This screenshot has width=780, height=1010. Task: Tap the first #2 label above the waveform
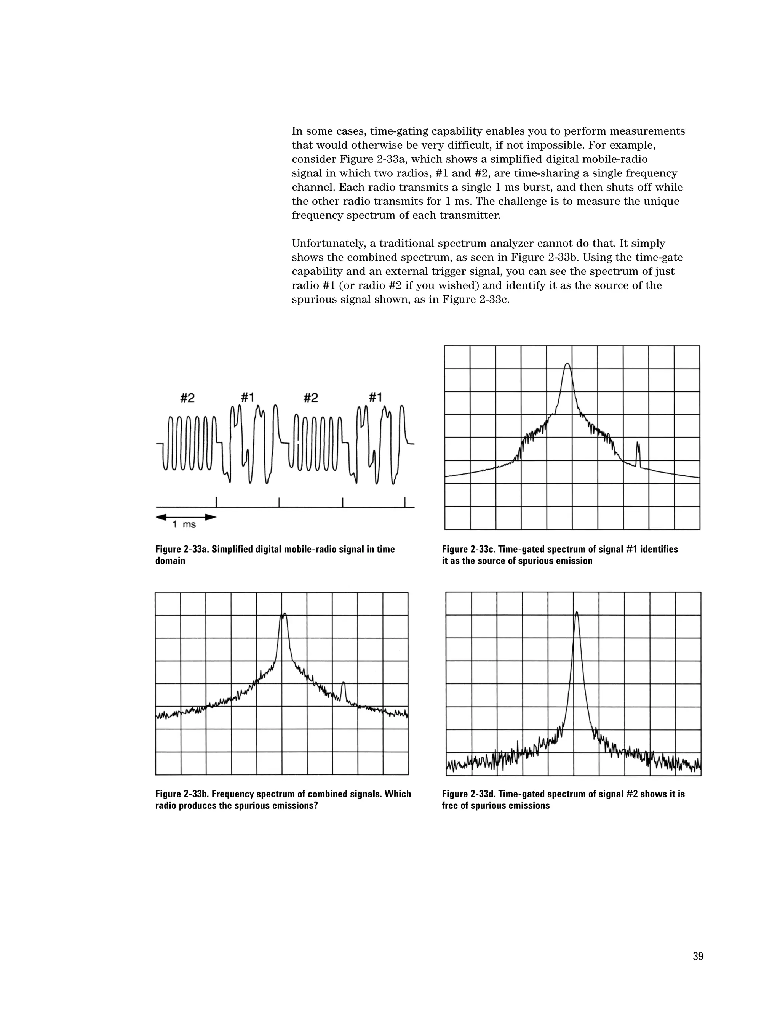coord(187,398)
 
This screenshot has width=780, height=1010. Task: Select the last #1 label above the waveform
coord(375,397)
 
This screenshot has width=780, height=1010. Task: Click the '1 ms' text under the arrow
coord(184,524)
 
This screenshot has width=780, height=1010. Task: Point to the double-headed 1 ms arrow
coord(186,516)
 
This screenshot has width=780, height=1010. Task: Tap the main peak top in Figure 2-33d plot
coord(576,613)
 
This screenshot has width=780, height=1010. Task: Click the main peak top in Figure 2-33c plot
coord(567,364)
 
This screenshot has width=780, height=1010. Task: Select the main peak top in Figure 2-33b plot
coord(284,615)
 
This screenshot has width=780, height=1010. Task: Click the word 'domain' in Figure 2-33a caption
coord(170,561)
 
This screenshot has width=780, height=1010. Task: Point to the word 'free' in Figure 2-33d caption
coord(451,806)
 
